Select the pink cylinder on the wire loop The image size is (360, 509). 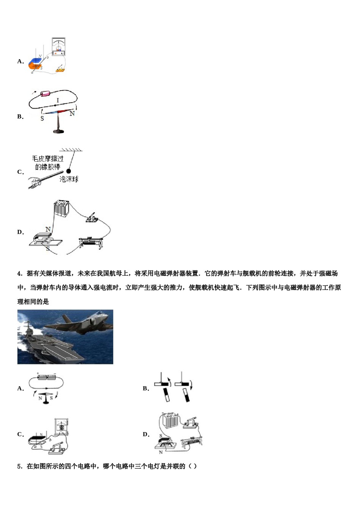46,94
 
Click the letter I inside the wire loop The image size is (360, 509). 58,100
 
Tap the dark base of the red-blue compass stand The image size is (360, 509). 58,131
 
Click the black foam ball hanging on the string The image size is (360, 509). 69,171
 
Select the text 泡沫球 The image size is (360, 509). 69,179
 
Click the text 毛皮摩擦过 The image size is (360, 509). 48,159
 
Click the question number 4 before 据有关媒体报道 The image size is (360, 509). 20,273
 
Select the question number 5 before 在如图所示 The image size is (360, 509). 20,466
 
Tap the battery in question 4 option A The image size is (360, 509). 47,377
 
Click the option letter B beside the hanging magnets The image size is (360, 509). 146,388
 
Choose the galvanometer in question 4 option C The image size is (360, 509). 61,427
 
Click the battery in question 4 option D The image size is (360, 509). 168,421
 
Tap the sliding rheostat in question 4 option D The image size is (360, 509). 192,442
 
